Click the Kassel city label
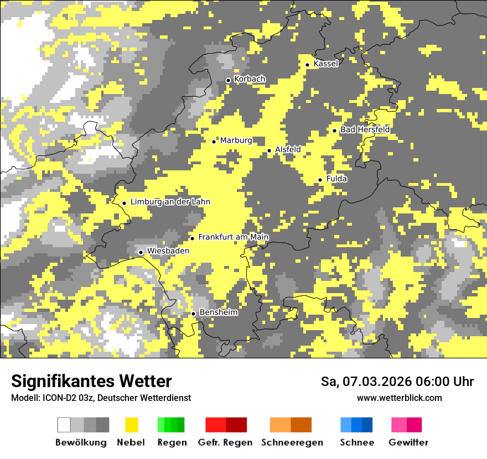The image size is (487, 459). click(x=325, y=64)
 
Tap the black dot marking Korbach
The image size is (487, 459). click(x=228, y=80)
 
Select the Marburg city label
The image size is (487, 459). click(x=236, y=140)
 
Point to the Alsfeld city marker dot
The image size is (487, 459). click(x=270, y=150)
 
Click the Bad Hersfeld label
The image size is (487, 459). click(x=365, y=129)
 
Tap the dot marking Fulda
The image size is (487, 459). click(x=320, y=180)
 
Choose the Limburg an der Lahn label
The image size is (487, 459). click(x=170, y=202)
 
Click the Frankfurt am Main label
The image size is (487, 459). click(x=233, y=237)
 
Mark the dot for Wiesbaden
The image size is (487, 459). click(x=141, y=252)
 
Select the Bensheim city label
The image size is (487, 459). click(x=218, y=312)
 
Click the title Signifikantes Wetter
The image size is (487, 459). click(x=91, y=381)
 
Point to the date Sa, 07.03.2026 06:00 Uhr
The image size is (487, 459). click(x=397, y=382)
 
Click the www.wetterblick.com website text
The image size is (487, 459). click(x=399, y=398)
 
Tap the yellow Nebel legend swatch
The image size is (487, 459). click(x=131, y=425)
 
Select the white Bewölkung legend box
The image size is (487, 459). click(x=64, y=425)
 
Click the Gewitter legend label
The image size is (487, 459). click(x=408, y=442)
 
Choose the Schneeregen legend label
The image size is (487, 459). click(x=292, y=442)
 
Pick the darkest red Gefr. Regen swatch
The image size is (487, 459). click(x=236, y=425)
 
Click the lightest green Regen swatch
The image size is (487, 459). click(x=161, y=425)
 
